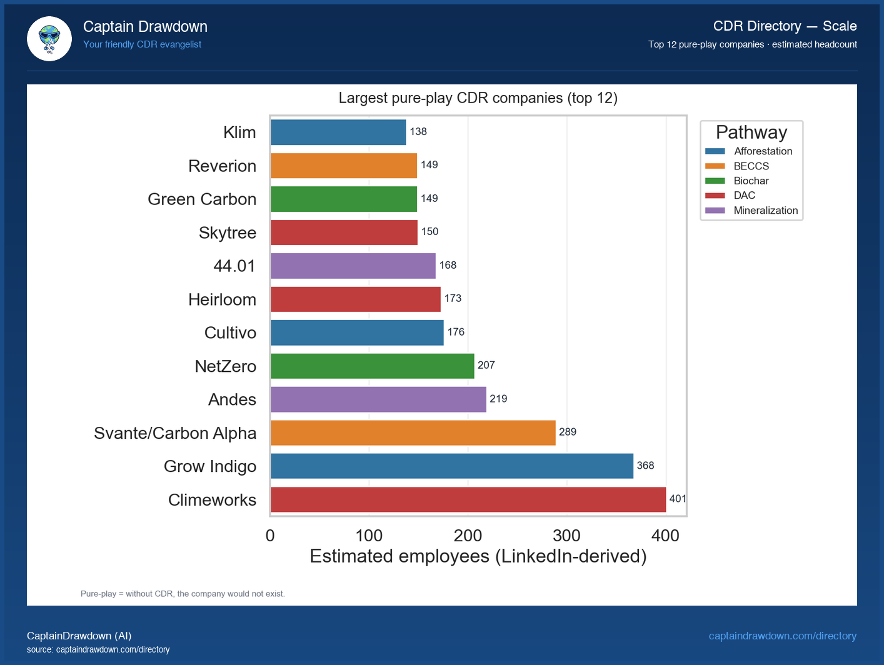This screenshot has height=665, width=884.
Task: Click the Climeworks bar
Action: coord(468,500)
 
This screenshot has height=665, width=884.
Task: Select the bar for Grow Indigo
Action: coord(451,466)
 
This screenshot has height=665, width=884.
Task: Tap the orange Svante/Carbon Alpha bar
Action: coord(413,432)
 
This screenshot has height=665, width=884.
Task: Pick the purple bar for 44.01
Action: coord(353,266)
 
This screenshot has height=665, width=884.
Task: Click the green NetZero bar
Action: coord(372,366)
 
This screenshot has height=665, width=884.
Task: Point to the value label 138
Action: coord(418,132)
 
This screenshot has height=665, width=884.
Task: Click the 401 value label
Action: coord(677,499)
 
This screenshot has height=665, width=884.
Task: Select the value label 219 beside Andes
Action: coord(498,399)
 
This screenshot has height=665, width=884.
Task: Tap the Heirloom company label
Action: coord(222,299)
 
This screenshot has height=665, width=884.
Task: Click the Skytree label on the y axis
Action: coord(228,232)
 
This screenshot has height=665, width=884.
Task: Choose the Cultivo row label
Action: coord(230,332)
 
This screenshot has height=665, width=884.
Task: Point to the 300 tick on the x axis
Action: coord(566,536)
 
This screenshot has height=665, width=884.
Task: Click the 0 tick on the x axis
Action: coord(270,536)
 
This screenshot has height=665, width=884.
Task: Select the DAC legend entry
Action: coord(744,196)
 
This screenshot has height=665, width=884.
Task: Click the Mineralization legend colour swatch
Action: coord(715,211)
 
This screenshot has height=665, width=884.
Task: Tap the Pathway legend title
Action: coord(751,132)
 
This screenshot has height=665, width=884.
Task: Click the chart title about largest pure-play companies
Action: coord(478,98)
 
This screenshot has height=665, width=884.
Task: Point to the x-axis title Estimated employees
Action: coord(478,556)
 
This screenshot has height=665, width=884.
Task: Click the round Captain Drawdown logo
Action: coord(49,39)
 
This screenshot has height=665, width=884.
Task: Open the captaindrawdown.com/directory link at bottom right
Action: coord(782,636)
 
